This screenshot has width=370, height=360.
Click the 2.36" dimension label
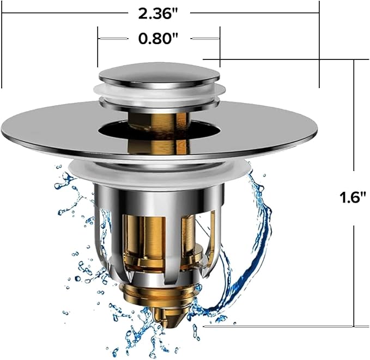157,14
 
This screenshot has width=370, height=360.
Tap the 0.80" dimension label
157,38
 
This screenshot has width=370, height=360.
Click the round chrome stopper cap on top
159,72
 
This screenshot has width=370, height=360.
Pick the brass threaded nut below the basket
157,292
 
